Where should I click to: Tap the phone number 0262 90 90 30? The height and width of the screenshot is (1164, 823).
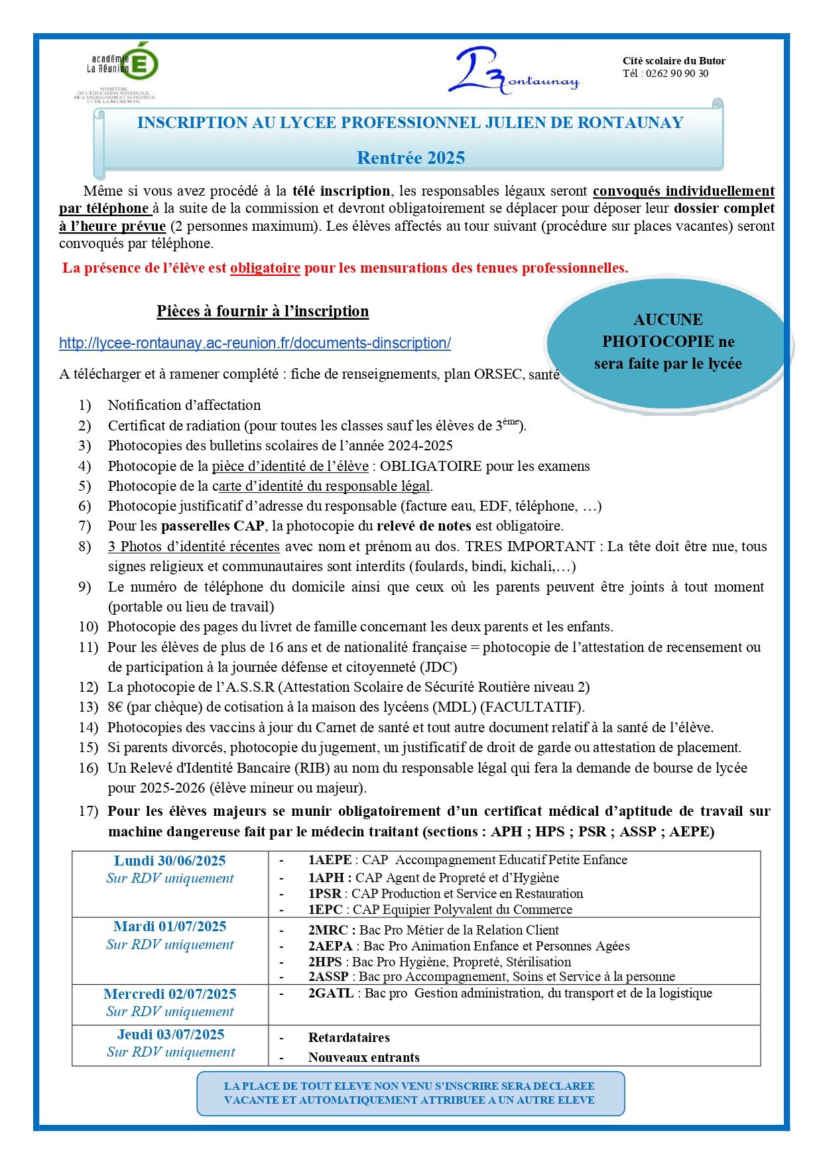coord(676,74)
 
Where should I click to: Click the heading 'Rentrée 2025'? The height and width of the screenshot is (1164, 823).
coord(411,158)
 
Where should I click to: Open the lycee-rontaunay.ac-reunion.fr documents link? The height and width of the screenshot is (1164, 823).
coord(255,343)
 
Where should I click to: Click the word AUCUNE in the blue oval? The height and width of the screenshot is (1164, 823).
coord(668,320)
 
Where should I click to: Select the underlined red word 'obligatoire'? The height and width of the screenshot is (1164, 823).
coord(265,268)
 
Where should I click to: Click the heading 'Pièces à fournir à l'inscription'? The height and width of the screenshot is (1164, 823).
coord(263,311)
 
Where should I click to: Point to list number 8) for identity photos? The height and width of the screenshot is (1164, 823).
coord(85,547)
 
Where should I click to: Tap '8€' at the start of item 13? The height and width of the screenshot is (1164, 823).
coord(115,707)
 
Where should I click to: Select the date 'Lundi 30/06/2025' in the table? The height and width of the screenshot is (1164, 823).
coord(170,861)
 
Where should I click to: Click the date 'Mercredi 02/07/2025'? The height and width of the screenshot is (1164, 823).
coord(170,994)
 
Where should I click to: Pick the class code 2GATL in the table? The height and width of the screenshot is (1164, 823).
coord(331,994)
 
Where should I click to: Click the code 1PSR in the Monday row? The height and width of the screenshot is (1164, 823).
coord(324,893)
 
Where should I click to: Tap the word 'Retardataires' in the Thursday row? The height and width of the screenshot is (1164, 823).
coord(349,1038)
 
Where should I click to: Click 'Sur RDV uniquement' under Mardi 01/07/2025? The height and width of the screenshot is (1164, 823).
coord(170,944)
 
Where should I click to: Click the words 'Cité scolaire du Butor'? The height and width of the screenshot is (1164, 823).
coord(674,61)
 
